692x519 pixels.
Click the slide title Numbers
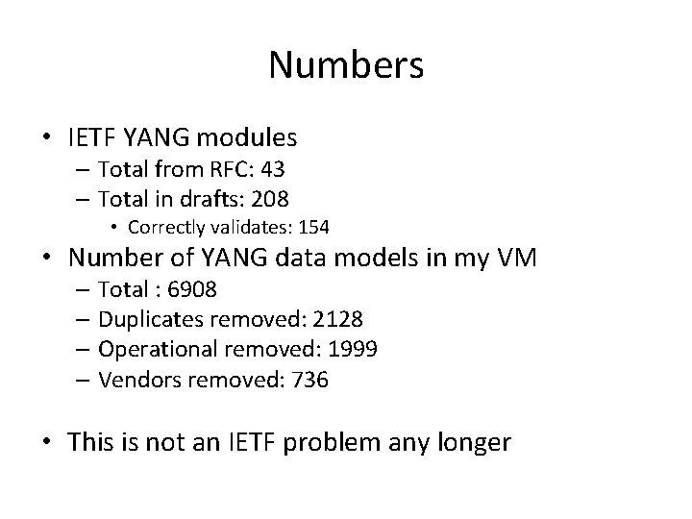pyautogui.click(x=346, y=64)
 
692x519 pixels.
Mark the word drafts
pyautogui.click(x=217, y=199)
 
